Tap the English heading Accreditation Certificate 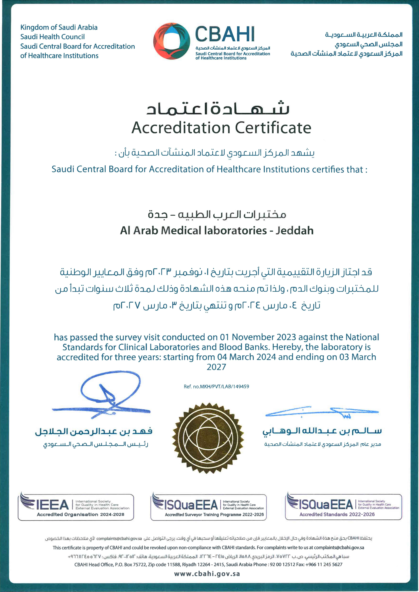tap(221, 128)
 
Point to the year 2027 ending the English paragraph tap(216, 367)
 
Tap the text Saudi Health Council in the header tap(52, 37)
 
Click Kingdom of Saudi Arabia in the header tap(59, 27)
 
